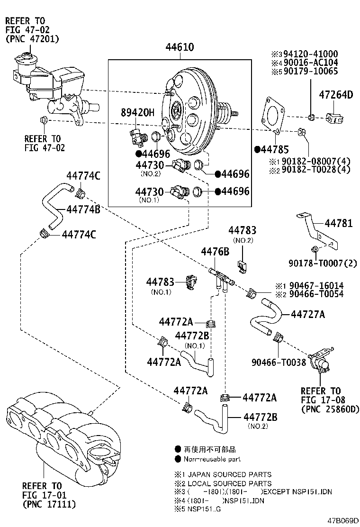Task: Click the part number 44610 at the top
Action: pos(180,48)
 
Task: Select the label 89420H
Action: pos(137,112)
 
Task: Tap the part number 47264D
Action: pos(336,95)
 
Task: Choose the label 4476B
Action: pos(215,251)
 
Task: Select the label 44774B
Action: pos(83,209)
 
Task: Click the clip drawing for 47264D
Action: pos(336,118)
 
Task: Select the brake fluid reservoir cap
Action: pos(23,59)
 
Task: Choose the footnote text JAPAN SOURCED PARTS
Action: pos(230,474)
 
